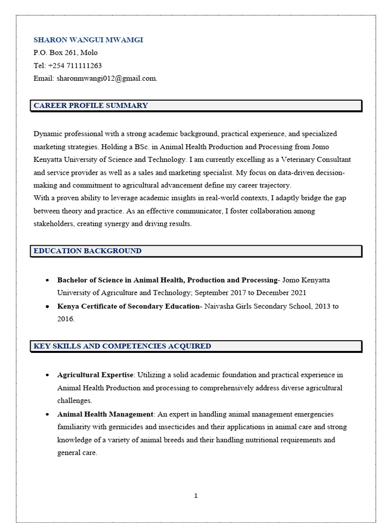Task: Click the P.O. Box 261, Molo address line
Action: tap(65, 53)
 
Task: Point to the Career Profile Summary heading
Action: tap(91, 106)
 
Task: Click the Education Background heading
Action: tap(87, 251)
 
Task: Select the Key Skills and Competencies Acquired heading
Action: tap(122, 346)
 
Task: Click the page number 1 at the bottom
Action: tap(195, 495)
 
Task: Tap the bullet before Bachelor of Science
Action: tap(47, 280)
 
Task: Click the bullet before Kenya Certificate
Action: tap(47, 306)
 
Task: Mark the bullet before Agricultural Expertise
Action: tap(47, 375)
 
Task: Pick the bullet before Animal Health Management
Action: tap(47, 414)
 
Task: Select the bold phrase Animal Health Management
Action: tap(105, 414)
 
